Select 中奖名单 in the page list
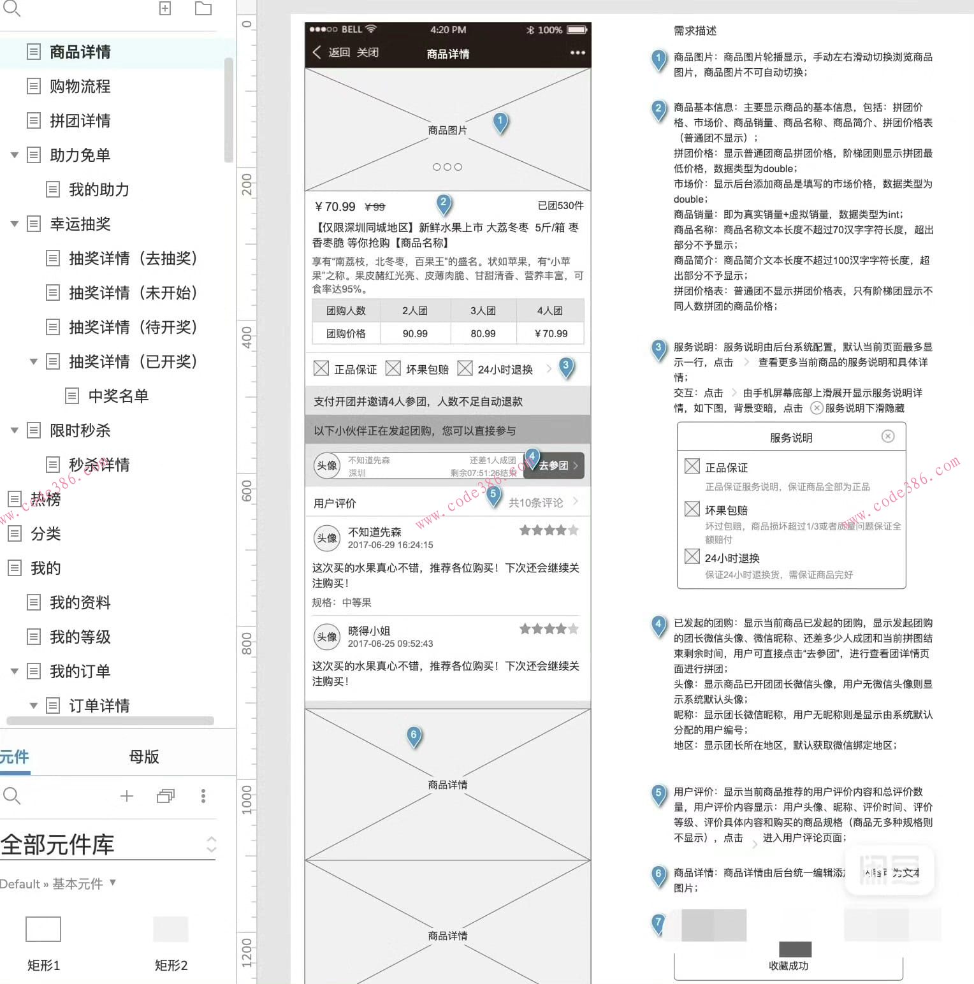click(118, 396)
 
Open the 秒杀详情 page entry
click(99, 465)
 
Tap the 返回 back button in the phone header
click(331, 52)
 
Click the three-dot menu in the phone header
click(578, 52)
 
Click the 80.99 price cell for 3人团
click(483, 333)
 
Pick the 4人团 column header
click(549, 310)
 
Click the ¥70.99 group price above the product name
click(335, 206)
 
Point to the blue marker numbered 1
click(500, 120)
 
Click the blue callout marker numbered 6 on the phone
click(414, 735)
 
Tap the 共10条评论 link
click(536, 503)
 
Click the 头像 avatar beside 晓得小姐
click(327, 637)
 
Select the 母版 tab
click(144, 756)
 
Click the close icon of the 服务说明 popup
click(888, 436)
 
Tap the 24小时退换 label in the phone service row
click(505, 370)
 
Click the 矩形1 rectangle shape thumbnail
click(43, 929)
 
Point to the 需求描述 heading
click(695, 31)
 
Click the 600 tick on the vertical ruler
click(247, 491)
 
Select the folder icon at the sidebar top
click(203, 8)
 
